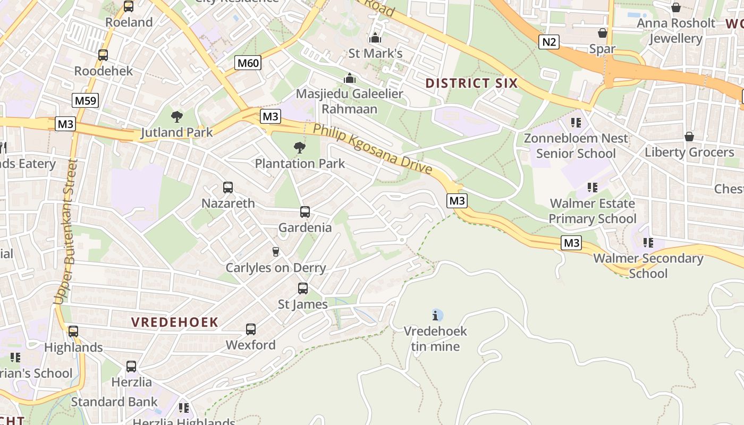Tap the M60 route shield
[x=248, y=63]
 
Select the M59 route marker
[x=85, y=100]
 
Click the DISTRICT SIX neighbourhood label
[x=471, y=83]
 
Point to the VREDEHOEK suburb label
[x=175, y=322]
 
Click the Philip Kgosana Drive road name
[x=372, y=149]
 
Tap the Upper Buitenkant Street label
[x=66, y=231]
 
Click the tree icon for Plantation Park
[x=300, y=148]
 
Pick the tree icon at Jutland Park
[x=177, y=117]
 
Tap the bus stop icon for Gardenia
[x=305, y=212]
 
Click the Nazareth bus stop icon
[x=228, y=188]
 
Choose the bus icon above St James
[x=303, y=288]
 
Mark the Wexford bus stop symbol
[x=251, y=329]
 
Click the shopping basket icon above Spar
[x=603, y=33]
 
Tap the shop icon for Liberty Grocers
[x=689, y=137]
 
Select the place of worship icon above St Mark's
[x=375, y=38]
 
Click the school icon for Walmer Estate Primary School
[x=593, y=188]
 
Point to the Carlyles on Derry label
[x=275, y=267]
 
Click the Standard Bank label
[x=114, y=402]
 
